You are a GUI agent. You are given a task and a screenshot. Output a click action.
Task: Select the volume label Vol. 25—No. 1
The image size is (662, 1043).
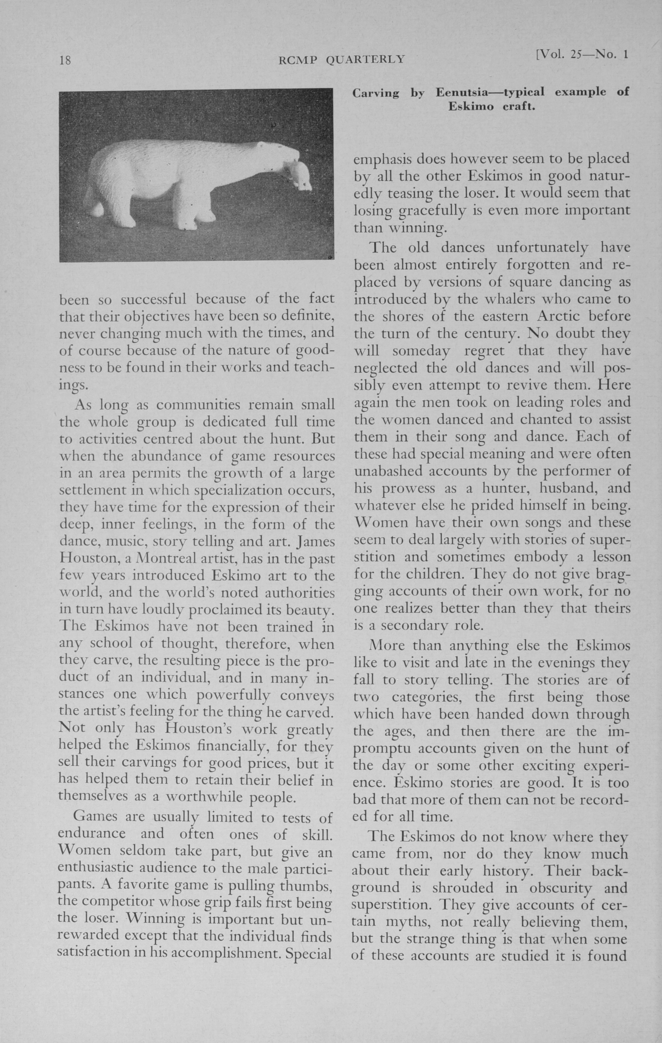point(582,55)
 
